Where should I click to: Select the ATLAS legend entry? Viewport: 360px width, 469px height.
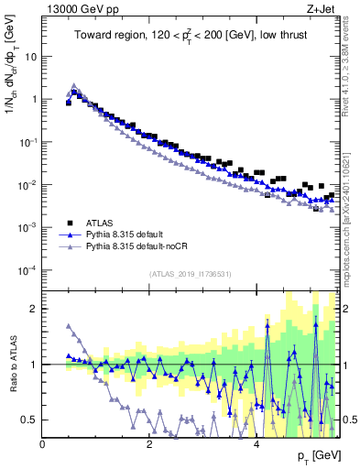(102, 223)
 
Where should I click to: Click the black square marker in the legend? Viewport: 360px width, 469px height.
(70, 223)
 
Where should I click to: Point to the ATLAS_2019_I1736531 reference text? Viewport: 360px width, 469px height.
(191, 274)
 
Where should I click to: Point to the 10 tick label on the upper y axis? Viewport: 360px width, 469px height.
(31, 56)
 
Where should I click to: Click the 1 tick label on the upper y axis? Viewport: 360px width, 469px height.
(34, 99)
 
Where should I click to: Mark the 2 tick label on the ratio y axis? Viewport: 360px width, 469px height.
(34, 309)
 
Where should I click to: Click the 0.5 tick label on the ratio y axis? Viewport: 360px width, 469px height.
(29, 420)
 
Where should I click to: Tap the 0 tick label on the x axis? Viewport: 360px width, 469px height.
(42, 443)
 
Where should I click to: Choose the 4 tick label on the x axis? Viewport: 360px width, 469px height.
(256, 443)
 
